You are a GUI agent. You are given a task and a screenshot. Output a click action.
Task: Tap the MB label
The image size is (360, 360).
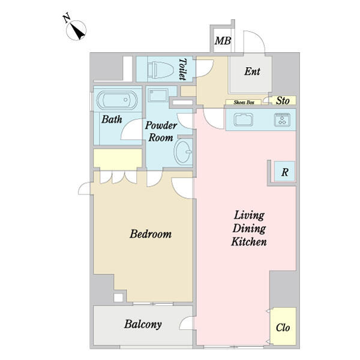point(223,41)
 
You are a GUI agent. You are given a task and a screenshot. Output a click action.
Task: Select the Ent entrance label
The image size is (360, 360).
point(252,71)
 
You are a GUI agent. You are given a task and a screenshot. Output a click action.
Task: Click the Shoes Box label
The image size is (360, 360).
point(242,103)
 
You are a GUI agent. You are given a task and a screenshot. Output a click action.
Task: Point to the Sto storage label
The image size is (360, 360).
point(282,101)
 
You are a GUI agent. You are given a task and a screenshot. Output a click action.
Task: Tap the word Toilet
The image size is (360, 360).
point(182,69)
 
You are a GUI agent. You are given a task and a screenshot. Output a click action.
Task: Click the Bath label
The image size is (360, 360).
point(112,119)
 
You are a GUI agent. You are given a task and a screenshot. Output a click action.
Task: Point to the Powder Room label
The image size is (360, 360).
point(160,131)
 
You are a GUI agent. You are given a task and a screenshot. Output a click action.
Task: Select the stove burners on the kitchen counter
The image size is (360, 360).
point(282,119)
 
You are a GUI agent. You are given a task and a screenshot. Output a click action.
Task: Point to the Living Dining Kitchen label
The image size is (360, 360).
point(249,229)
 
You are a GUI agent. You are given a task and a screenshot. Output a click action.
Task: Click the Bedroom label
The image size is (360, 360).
point(151,234)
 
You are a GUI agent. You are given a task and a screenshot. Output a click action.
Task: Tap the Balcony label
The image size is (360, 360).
point(142,325)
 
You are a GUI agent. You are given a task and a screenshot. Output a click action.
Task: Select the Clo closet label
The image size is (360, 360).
point(283,328)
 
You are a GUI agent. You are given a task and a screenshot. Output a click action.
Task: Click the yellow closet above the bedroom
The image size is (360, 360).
point(118,159)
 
